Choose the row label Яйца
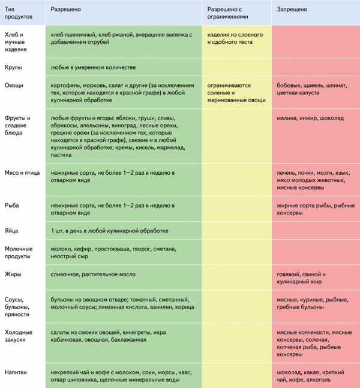pyautogui.click(x=13, y=230)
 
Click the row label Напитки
pyautogui.click(x=17, y=372)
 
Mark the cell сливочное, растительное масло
pyautogui.click(x=93, y=274)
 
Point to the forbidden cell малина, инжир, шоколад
pyautogui.click(x=310, y=118)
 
